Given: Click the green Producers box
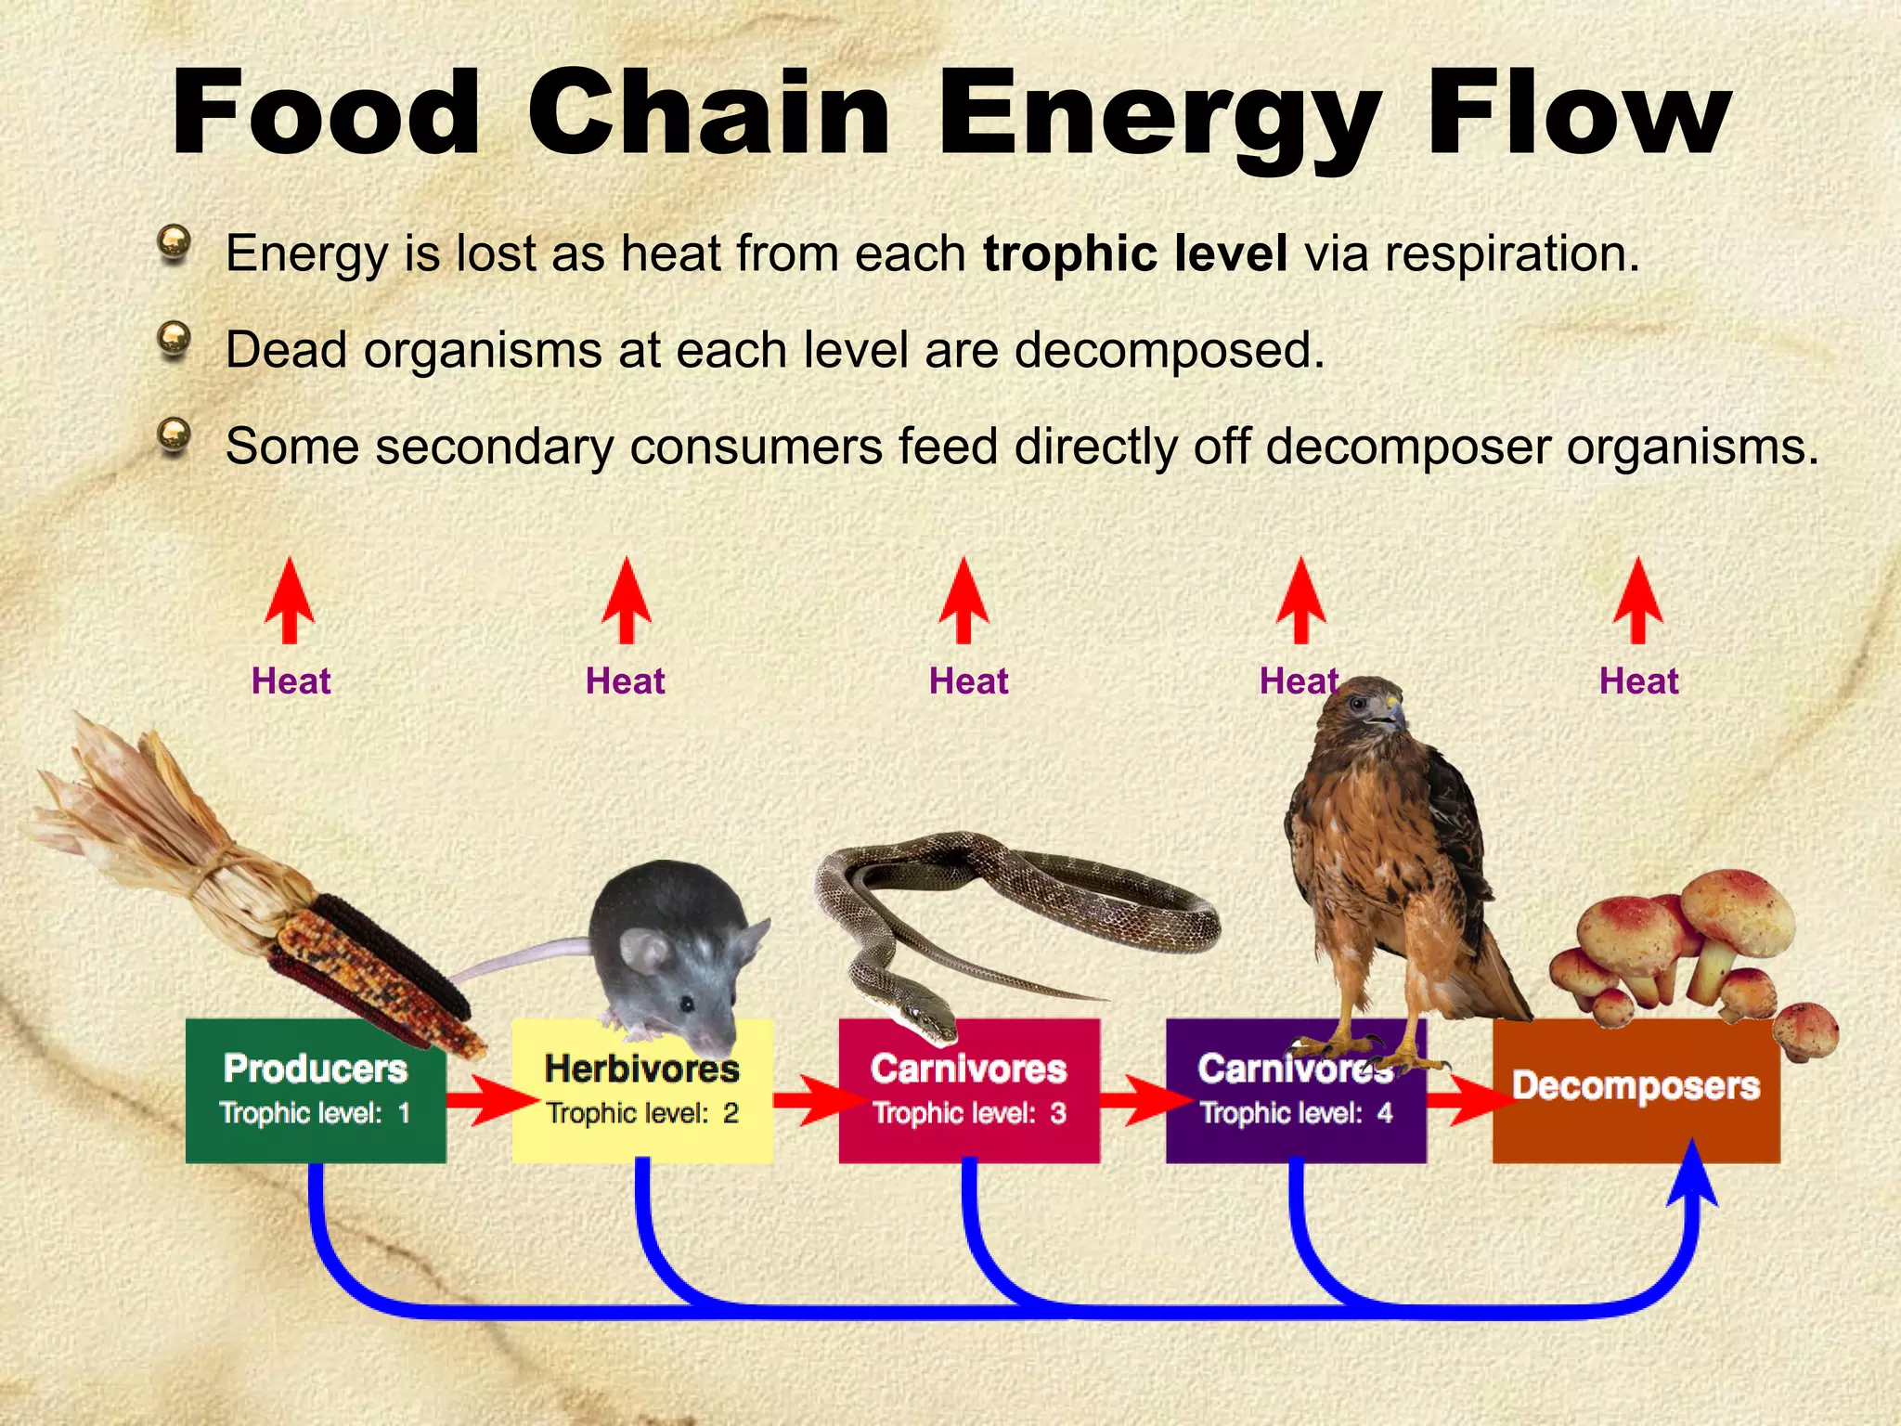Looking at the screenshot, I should (316, 1091).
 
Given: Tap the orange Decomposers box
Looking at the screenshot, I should (1636, 1091).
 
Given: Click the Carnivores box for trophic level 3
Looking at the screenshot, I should (969, 1091).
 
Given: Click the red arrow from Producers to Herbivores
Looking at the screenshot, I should (487, 1100).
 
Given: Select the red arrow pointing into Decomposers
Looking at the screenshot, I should (1467, 1100).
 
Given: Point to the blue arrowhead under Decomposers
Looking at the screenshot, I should (1692, 1174).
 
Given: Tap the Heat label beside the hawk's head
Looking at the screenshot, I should (1298, 681).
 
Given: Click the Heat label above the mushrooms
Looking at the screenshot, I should (1638, 681).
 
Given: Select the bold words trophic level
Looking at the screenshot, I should (1134, 253).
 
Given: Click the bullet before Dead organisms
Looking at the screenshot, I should (174, 339).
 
